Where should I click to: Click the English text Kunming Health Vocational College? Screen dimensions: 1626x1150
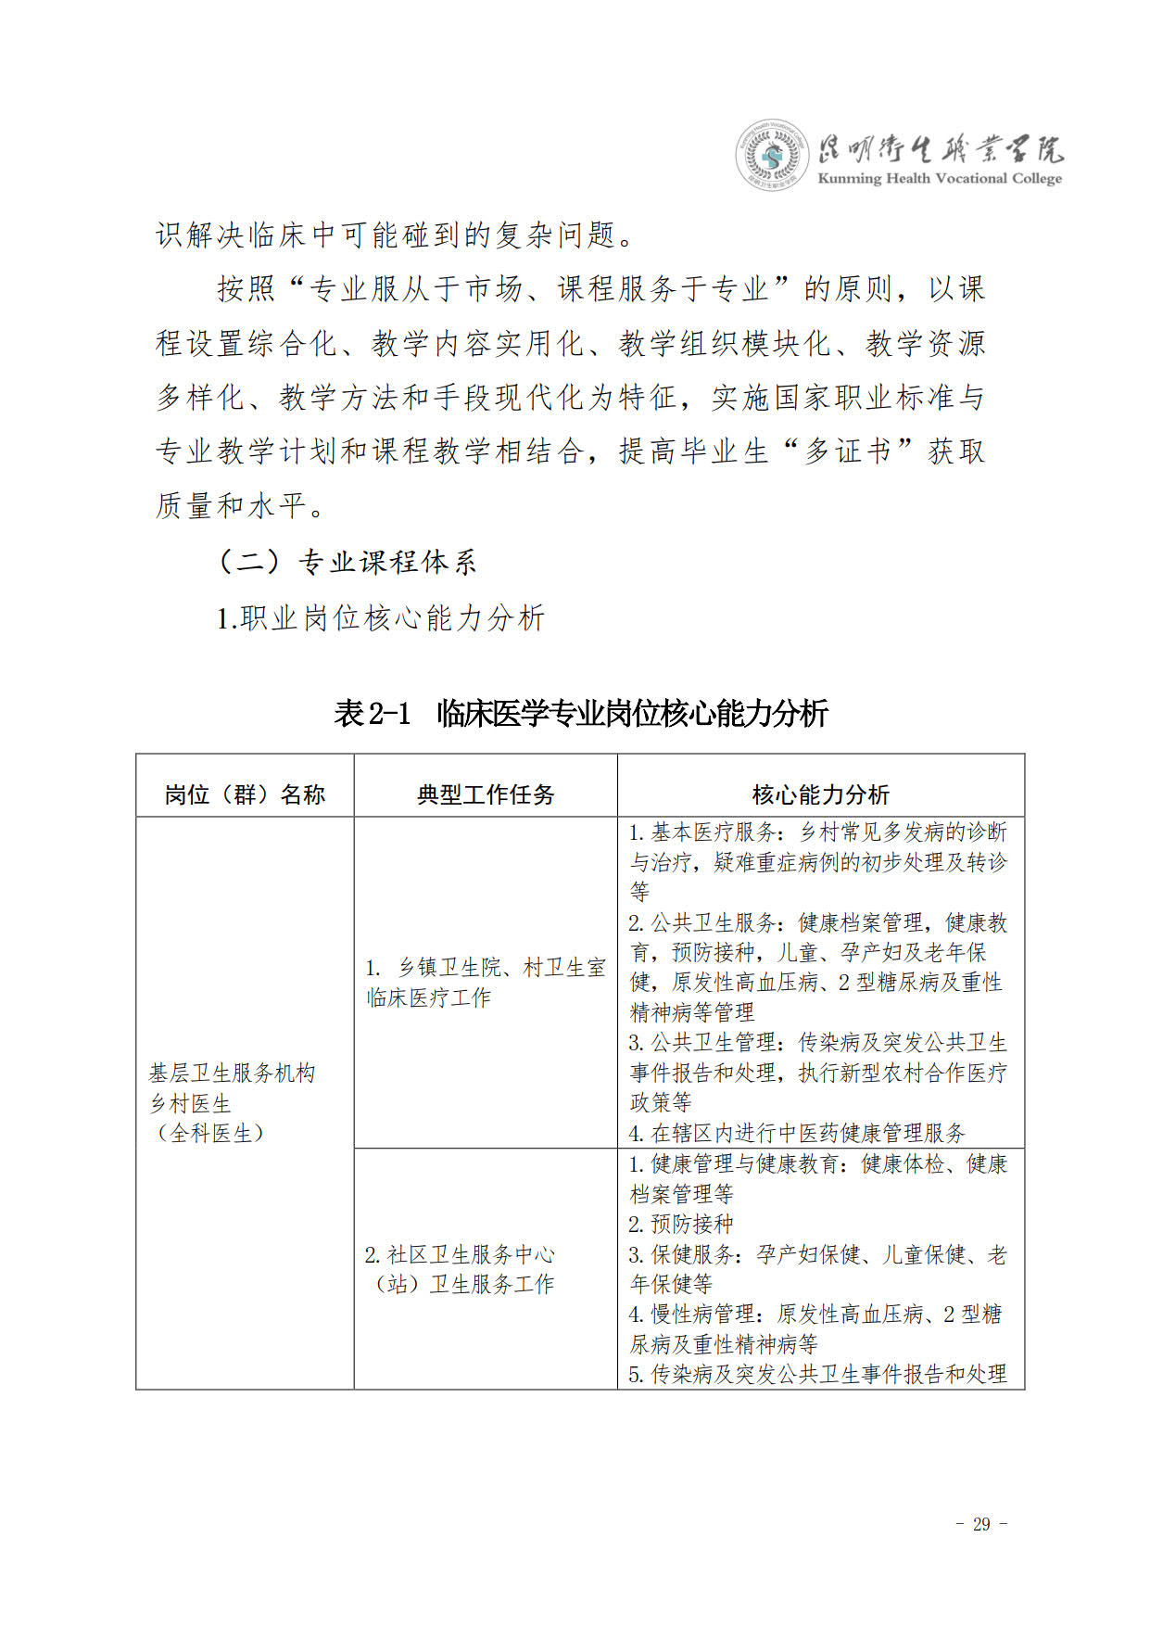(940, 179)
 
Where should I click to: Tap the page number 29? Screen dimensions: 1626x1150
(981, 1524)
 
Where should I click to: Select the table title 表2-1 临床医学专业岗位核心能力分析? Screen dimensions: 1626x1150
(581, 714)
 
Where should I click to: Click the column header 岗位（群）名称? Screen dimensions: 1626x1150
(245, 794)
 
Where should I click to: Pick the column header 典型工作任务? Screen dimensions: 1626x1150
(486, 794)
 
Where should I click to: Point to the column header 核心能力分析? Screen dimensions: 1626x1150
(820, 794)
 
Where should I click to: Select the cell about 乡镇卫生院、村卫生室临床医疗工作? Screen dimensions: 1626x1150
(485, 983)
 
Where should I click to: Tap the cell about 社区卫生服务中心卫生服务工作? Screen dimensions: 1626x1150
(461, 1269)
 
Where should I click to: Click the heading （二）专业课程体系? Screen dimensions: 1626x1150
(347, 563)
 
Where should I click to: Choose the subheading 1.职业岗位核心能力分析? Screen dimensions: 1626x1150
(381, 618)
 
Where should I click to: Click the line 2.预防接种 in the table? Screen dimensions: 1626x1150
(681, 1224)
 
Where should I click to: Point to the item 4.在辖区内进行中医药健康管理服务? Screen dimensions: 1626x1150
(797, 1133)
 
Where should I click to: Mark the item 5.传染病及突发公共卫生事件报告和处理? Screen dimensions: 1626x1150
(817, 1374)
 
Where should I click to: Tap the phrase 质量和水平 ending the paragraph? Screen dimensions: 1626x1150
(232, 506)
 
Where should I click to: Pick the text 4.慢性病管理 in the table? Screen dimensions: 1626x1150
(692, 1314)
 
